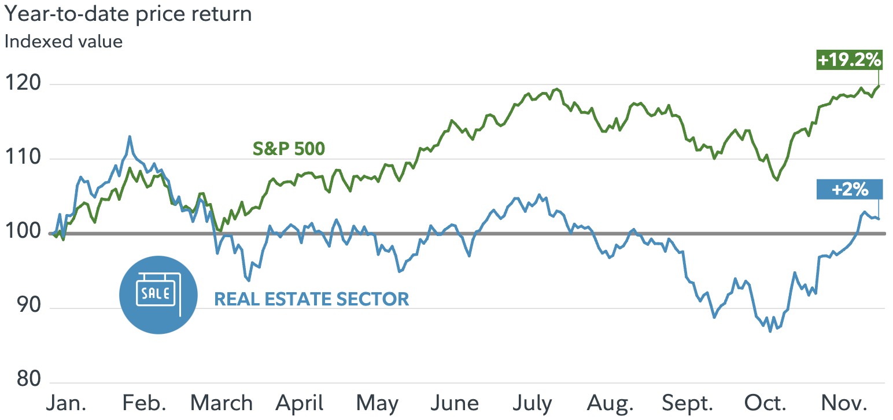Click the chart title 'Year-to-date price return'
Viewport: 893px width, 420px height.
click(128, 14)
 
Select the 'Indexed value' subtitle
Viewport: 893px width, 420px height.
click(64, 42)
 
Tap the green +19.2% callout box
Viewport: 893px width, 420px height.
click(848, 60)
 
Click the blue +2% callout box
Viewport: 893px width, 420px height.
click(850, 189)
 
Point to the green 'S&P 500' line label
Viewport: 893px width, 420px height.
click(289, 149)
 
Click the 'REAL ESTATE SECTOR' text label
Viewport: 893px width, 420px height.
click(311, 299)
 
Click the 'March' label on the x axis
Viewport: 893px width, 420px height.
click(222, 403)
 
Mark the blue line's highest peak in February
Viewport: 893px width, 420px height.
click(130, 137)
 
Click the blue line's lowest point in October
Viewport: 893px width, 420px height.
click(770, 331)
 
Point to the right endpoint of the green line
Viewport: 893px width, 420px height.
click(879, 86)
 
